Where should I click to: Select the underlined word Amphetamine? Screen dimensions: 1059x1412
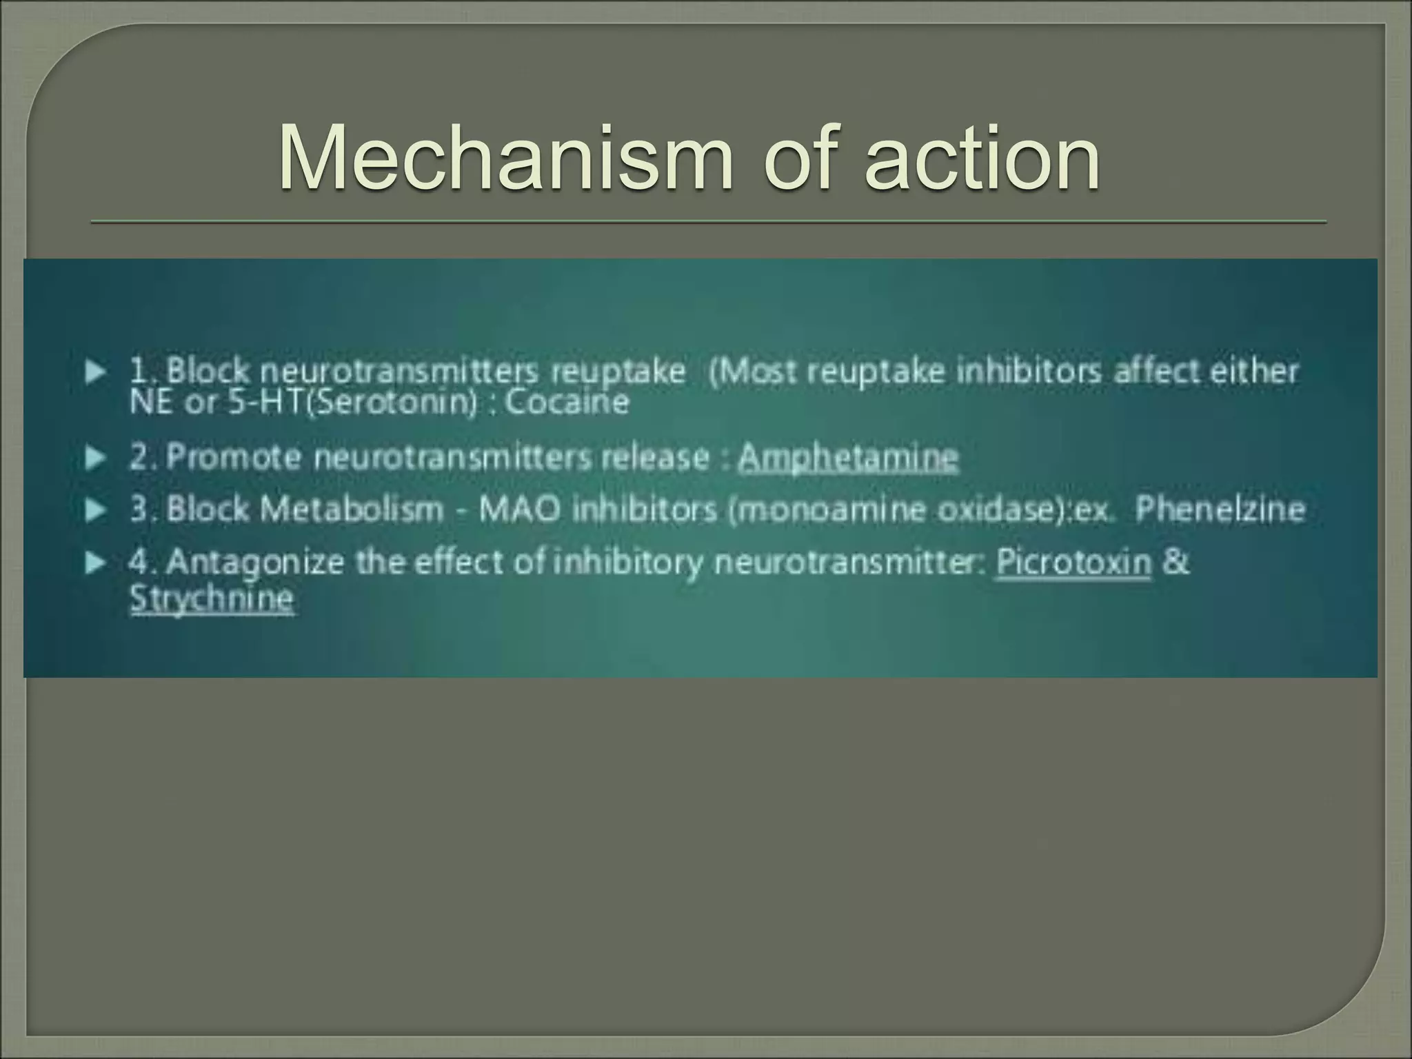click(x=848, y=457)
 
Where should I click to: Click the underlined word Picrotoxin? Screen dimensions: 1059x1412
click(x=1073, y=563)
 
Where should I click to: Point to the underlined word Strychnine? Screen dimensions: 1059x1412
click(x=212, y=598)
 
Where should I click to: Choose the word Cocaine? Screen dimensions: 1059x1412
click(x=567, y=402)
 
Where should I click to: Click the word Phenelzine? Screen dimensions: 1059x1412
click(x=1220, y=510)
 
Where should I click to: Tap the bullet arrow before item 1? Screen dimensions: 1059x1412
click(x=96, y=373)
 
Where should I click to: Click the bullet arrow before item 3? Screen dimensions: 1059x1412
click(x=96, y=510)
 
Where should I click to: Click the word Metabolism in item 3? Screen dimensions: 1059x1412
click(x=352, y=510)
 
